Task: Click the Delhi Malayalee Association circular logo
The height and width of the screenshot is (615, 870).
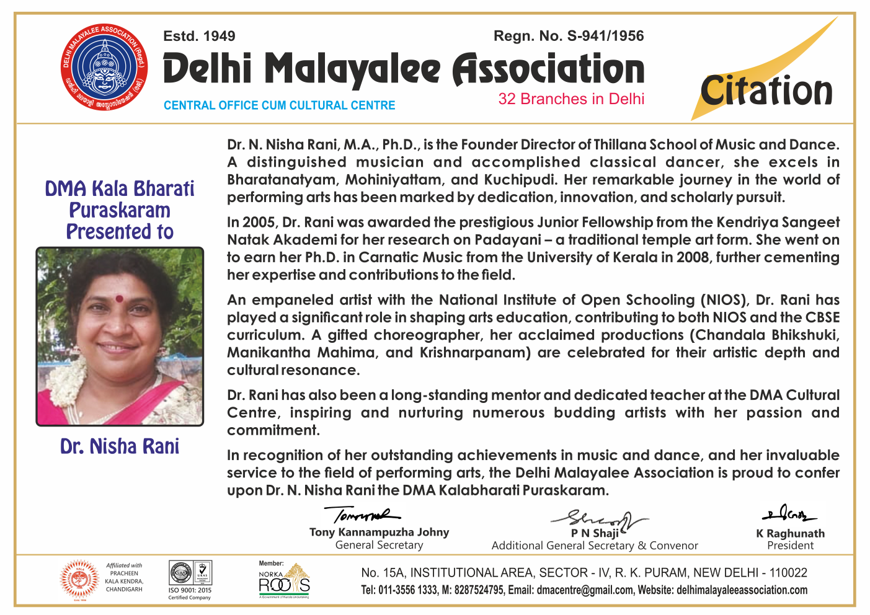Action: [x=105, y=66]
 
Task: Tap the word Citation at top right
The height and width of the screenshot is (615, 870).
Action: [x=766, y=91]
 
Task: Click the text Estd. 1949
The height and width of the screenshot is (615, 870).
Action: [x=199, y=36]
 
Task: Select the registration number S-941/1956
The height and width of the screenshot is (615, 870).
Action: [x=605, y=36]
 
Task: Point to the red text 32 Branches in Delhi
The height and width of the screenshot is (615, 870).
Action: [x=571, y=99]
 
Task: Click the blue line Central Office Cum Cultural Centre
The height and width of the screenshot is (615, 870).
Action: [x=279, y=105]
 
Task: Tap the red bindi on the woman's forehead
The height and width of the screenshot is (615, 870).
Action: [x=119, y=299]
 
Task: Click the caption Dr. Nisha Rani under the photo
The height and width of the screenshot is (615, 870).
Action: [x=120, y=446]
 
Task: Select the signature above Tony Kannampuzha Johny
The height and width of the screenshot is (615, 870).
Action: [x=363, y=515]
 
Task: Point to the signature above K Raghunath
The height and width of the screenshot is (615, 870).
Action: [x=789, y=514]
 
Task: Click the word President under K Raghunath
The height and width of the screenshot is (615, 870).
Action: [x=790, y=546]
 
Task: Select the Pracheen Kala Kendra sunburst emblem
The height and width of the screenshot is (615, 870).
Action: [x=79, y=579]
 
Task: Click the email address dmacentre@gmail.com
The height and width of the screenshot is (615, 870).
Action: [x=585, y=590]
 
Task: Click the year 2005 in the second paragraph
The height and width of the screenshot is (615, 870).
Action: [x=259, y=223]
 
